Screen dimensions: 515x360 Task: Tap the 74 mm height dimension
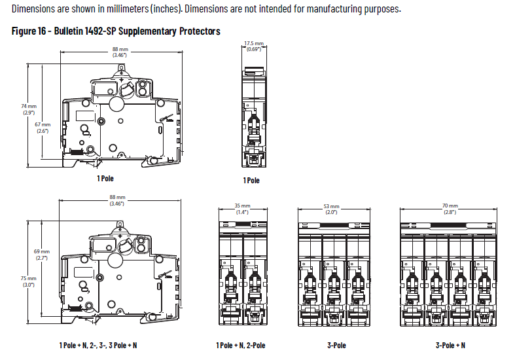point(29,109)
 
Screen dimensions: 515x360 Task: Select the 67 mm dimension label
point(43,128)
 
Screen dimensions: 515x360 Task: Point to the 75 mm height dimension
point(29,281)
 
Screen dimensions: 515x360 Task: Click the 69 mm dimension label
point(42,255)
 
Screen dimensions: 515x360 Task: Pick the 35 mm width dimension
point(242,209)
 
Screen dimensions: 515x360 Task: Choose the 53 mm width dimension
point(331,209)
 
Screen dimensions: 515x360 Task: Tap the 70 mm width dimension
point(450,209)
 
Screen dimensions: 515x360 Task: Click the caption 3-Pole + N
point(450,345)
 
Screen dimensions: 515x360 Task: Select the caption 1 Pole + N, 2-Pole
point(241,345)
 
